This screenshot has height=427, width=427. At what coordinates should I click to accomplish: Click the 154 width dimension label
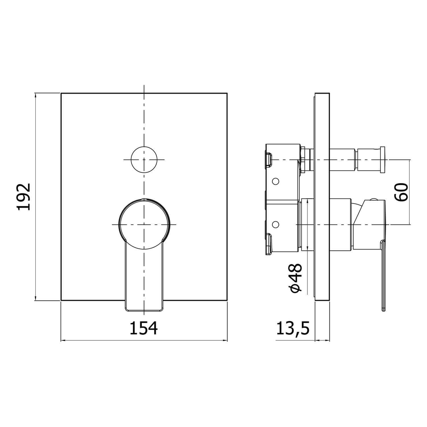click(144, 328)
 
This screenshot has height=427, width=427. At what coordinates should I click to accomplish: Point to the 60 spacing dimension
click(401, 192)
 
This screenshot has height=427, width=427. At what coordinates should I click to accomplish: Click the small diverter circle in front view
click(144, 160)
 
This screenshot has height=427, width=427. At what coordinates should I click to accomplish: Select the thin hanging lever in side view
click(383, 276)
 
